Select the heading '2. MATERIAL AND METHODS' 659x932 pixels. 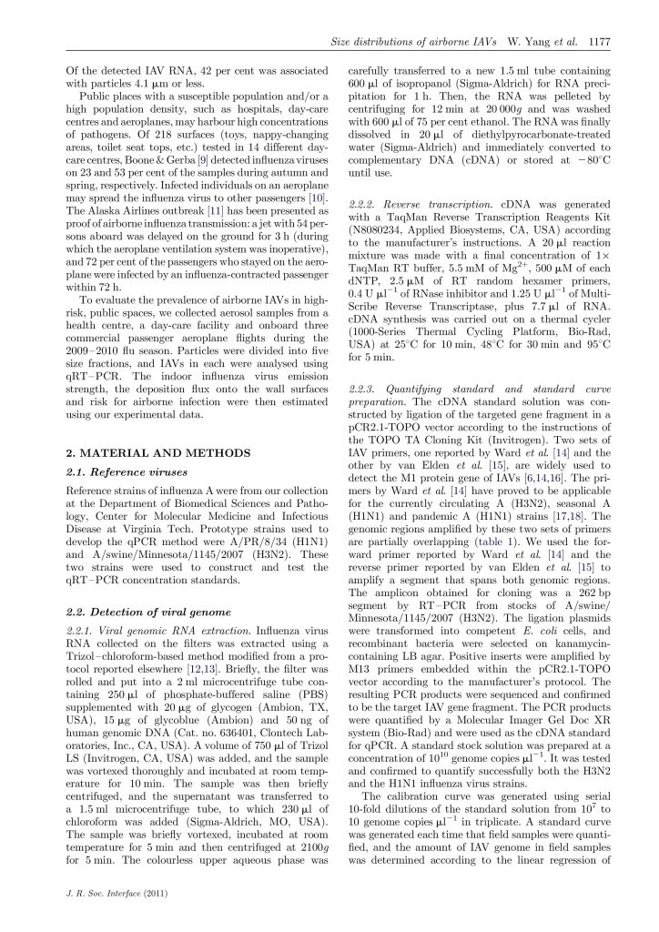coord(134,452)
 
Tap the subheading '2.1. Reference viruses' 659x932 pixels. coord(116,471)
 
